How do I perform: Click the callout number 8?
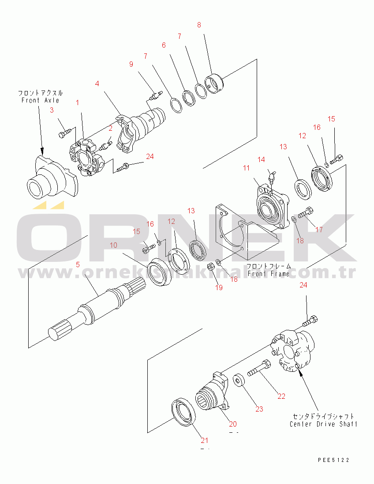coord(199,25)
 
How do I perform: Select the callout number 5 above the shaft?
coord(78,265)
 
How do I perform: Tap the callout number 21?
coord(204,440)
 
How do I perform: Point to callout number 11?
coord(246,168)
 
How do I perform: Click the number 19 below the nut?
coord(219,287)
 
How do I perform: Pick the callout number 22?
coord(281,396)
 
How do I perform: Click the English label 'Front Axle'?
coord(40,100)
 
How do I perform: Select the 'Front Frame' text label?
coord(269,273)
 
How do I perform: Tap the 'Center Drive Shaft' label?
coord(323,424)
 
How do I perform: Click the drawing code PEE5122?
coord(333,460)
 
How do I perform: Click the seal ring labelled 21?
coord(184,412)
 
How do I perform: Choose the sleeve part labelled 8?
coord(215,83)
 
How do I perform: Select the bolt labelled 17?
coord(306,213)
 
